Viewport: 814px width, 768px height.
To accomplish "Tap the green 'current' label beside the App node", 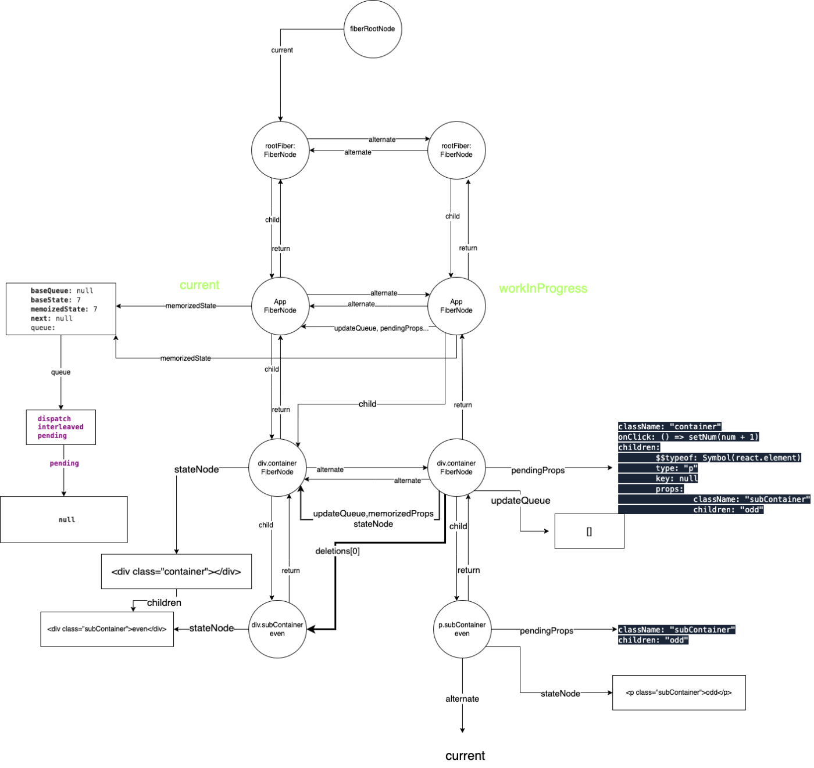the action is pyautogui.click(x=200, y=285).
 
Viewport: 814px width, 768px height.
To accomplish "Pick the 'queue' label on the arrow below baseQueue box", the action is pyautogui.click(x=61, y=373).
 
